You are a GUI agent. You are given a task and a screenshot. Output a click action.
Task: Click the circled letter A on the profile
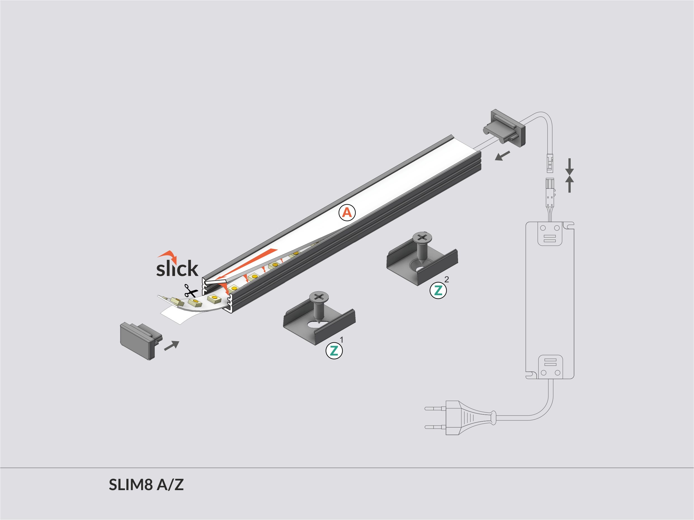point(347,213)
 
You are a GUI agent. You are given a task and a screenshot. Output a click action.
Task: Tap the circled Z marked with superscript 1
point(334,350)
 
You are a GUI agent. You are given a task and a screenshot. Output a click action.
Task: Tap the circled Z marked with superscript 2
point(438,290)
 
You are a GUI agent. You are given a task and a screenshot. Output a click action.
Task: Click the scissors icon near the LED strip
point(190,291)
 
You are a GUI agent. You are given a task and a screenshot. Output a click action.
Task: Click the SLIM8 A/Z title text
point(146,485)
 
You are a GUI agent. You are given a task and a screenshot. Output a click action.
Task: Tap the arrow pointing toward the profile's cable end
point(502,156)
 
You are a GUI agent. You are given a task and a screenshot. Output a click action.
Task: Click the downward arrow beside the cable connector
point(570,166)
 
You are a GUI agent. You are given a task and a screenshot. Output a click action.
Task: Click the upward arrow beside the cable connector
point(570,184)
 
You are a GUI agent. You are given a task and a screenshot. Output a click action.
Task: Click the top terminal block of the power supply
point(550,233)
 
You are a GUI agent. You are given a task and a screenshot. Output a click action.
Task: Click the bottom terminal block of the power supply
point(550,367)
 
